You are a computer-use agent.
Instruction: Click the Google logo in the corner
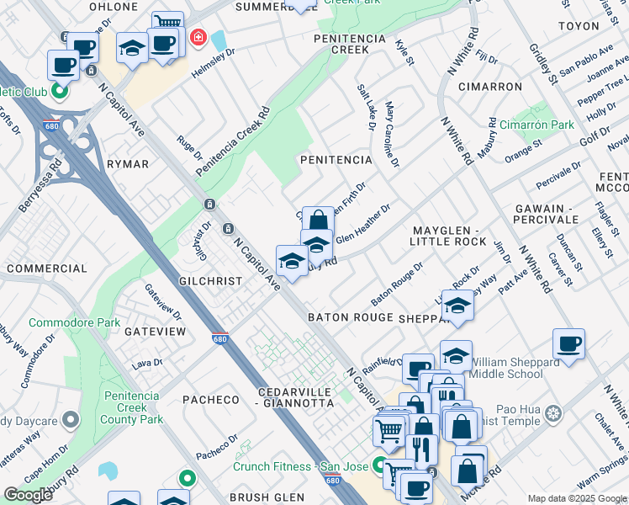(x=29, y=495)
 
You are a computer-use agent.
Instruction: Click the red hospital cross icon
(x=198, y=37)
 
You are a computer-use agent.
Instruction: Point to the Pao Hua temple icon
(x=552, y=412)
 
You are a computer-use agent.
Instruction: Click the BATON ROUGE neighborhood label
(x=350, y=317)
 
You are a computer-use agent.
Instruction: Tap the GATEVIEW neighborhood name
(x=155, y=332)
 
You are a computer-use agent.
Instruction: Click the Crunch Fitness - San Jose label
(x=302, y=466)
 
